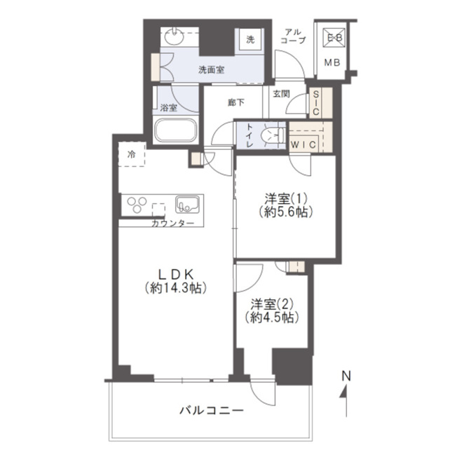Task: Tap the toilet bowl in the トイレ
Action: tap(273, 135)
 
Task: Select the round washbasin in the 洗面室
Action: tap(174, 36)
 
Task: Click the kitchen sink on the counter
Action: tap(187, 204)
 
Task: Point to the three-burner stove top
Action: tap(137, 204)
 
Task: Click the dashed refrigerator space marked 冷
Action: tap(132, 154)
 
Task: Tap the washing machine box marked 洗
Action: tap(250, 40)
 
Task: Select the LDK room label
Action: tap(176, 274)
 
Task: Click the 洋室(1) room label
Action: tap(286, 199)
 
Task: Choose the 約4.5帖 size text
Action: tap(272, 318)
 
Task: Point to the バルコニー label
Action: tap(211, 411)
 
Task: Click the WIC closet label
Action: tap(303, 144)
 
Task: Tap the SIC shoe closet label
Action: tap(315, 102)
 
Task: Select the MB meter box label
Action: tap(332, 62)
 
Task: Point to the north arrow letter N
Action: tap(346, 376)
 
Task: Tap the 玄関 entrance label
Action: tap(281, 94)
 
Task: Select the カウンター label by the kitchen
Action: tap(172, 224)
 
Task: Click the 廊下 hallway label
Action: tap(236, 102)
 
